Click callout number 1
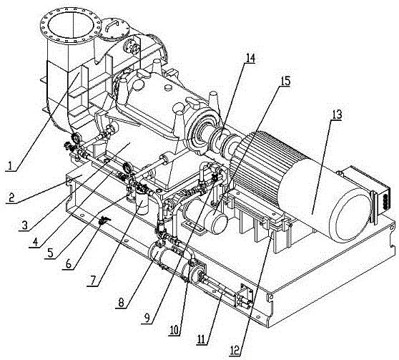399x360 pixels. pos(10,165)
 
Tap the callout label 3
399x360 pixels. pos(24,225)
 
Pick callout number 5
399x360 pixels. pos(50,253)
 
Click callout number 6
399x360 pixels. pos(69,264)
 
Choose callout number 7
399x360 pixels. pos(92,281)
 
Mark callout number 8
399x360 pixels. pos(121,303)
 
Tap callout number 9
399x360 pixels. pos(147,318)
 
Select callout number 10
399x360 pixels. pos(174,330)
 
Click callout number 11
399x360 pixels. pos(202,339)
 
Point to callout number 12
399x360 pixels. pos(235,351)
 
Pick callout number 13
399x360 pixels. pos(336,115)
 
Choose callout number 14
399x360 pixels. pos(250,58)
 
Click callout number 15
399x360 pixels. pos(285,81)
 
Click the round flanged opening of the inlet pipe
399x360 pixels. pos(71,26)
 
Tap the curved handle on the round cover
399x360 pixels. pos(112,24)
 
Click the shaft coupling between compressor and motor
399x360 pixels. pos(223,142)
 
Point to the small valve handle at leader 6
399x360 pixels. pos(104,220)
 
